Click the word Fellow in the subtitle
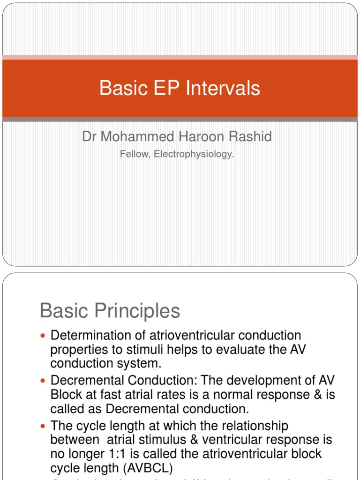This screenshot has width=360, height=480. pyautogui.click(x=133, y=154)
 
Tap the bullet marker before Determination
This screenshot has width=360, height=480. pyautogui.click(x=44, y=336)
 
